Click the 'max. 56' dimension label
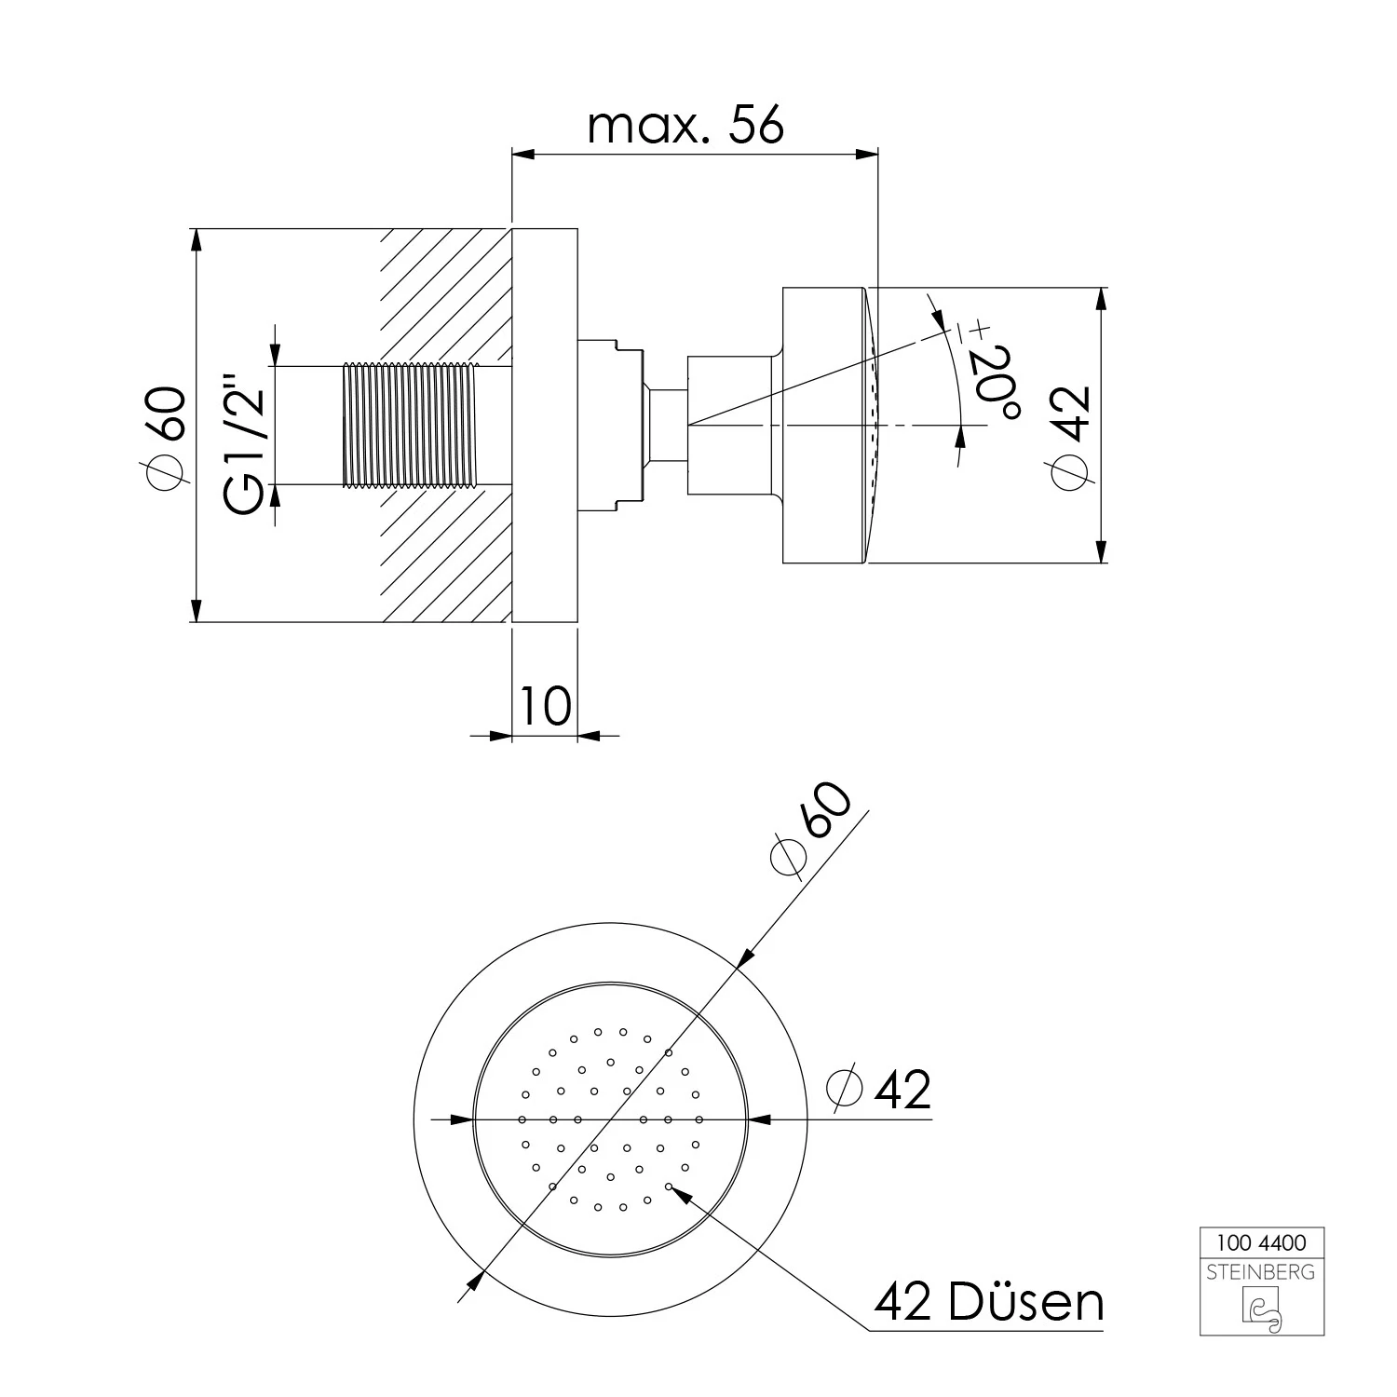point(685,126)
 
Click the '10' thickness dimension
point(545,705)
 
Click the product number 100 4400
point(1262,1242)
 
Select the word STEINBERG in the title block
point(1262,1271)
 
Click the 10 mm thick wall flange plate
point(545,425)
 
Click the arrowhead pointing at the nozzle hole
point(681,1193)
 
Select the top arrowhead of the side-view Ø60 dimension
point(196,239)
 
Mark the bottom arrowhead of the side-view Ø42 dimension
point(1103,551)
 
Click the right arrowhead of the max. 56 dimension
point(867,155)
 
